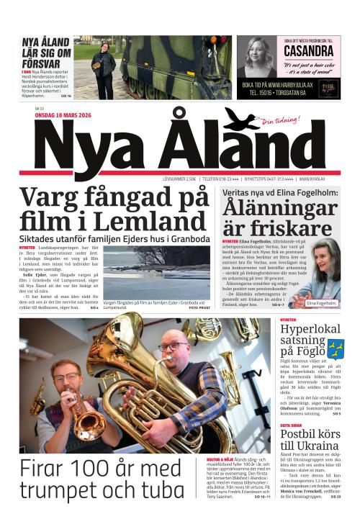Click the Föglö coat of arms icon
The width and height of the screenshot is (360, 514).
tap(334, 349)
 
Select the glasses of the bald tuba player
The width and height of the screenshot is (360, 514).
tap(171, 348)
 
